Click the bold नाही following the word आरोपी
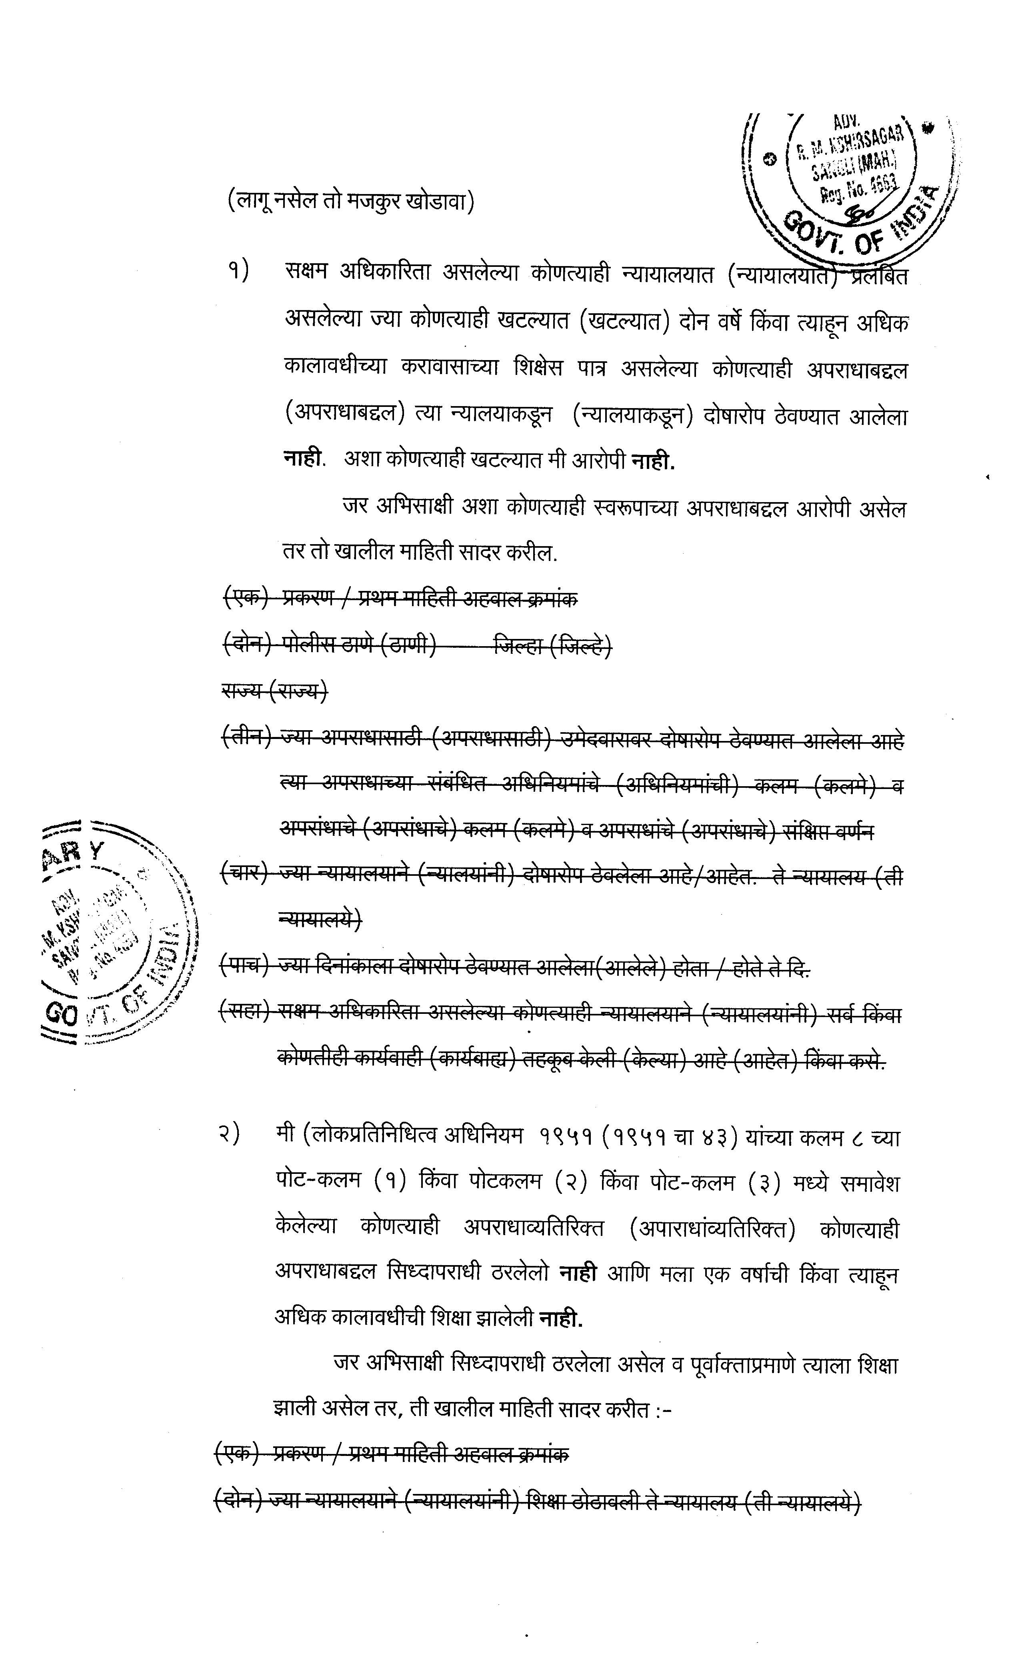[x=653, y=461]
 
